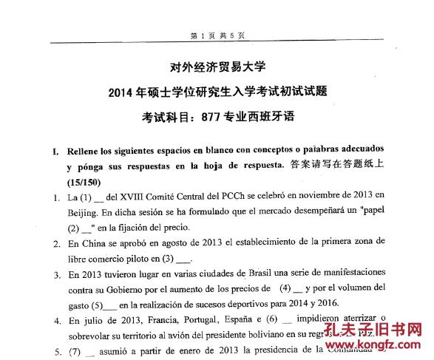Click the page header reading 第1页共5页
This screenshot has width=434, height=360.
[217, 35]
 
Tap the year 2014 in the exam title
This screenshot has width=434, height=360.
[122, 92]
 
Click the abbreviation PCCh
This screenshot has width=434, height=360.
[237, 196]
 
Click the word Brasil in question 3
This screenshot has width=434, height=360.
[261, 274]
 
